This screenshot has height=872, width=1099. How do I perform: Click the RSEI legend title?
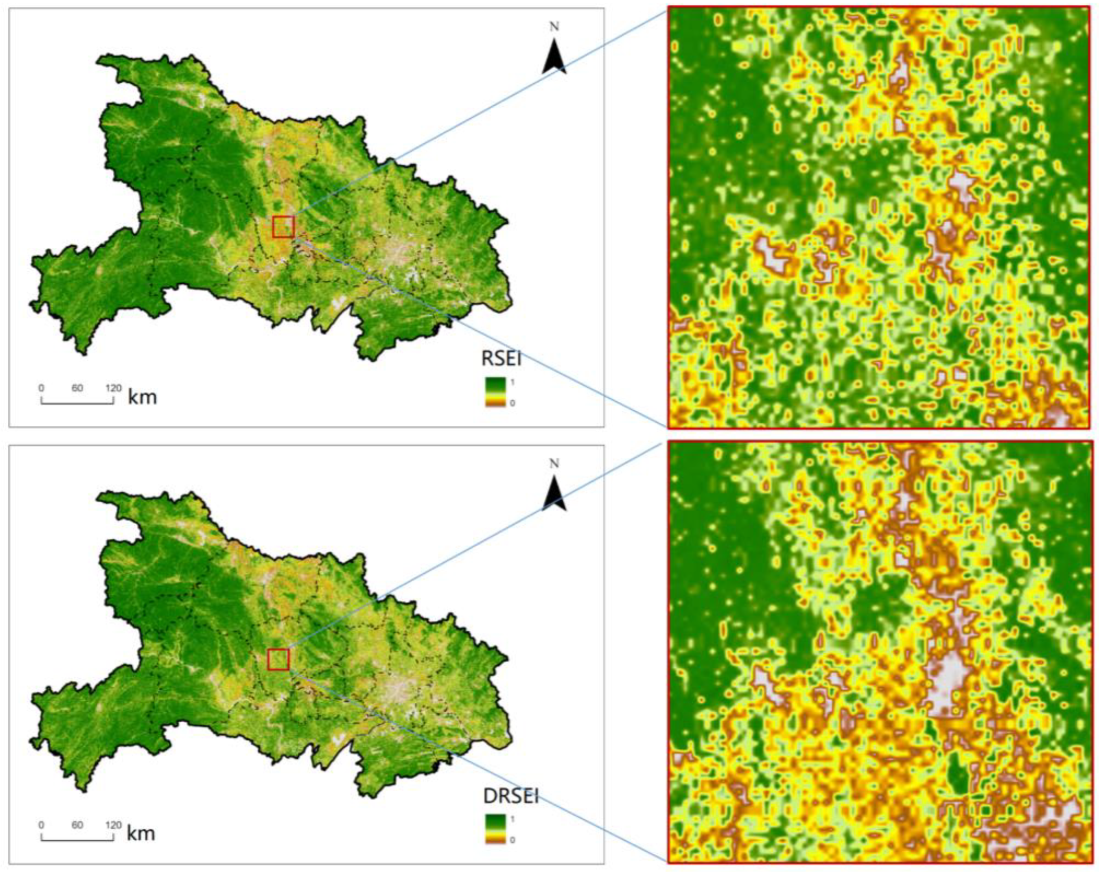click(x=501, y=359)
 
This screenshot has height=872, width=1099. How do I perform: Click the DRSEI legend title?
click(x=511, y=796)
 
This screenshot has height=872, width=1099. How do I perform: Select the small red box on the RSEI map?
click(x=283, y=227)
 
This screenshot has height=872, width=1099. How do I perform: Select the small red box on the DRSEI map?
click(x=279, y=659)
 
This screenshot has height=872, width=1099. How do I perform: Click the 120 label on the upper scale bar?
click(x=113, y=388)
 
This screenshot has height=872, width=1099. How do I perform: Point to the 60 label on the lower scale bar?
click(x=77, y=825)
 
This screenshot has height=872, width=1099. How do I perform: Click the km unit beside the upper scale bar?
click(x=142, y=397)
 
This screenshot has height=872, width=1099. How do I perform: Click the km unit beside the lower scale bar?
click(x=141, y=833)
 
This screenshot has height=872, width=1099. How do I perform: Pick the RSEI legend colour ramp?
click(x=495, y=391)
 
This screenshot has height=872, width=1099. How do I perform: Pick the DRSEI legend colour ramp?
click(x=495, y=829)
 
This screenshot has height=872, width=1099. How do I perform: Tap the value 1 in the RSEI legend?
click(x=512, y=382)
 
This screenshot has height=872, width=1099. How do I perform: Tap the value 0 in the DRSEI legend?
click(x=512, y=840)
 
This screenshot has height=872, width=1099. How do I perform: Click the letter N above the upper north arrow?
click(x=554, y=27)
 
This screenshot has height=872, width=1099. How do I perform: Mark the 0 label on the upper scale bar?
click(x=42, y=388)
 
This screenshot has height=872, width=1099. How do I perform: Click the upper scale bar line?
click(x=77, y=402)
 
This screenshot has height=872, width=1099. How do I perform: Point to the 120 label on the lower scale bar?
click(x=113, y=825)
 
